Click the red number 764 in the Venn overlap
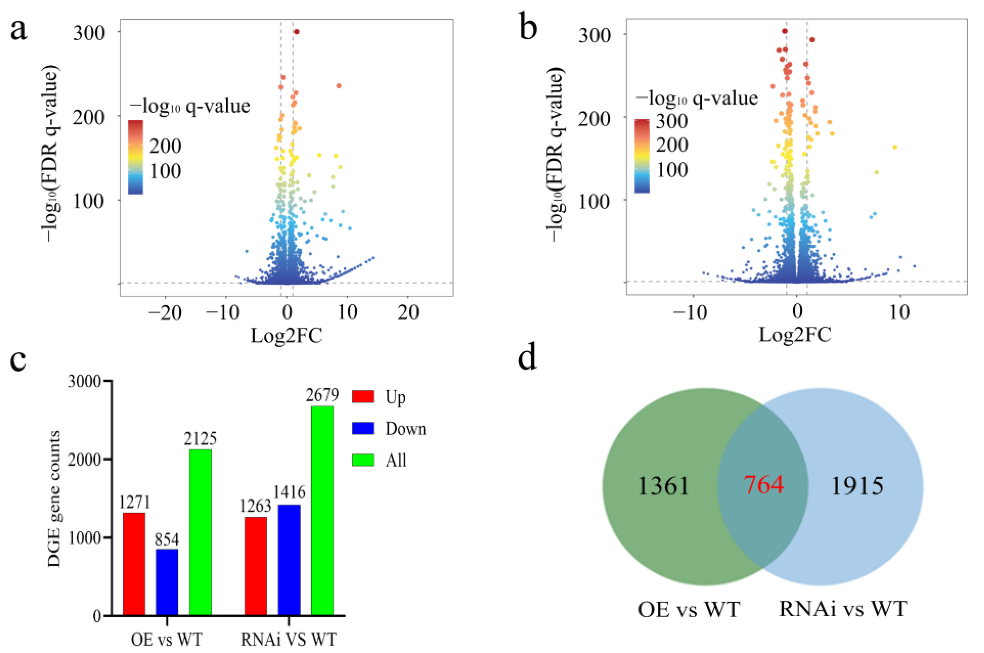pos(763,484)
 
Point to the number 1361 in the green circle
pos(663,486)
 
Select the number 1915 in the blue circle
pos(857,486)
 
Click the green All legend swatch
pos(362,460)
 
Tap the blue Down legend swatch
pos(362,429)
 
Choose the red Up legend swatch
pos(362,397)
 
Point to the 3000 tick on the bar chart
pos(85,382)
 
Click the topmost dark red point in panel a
pos(297,32)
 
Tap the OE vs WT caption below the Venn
pos(688,610)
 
